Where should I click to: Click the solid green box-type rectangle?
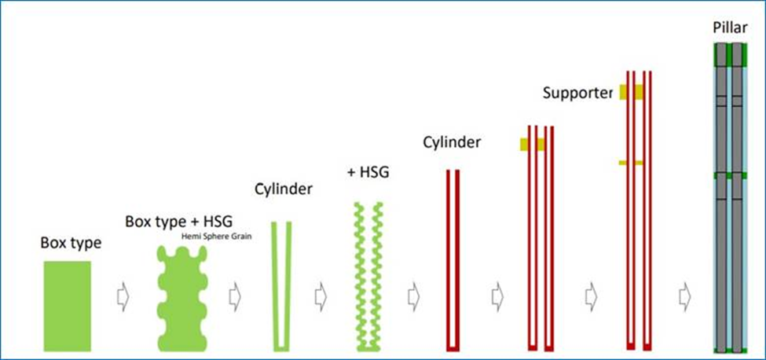click(67, 305)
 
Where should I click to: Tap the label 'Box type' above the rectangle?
click(71, 243)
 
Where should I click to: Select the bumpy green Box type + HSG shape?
click(182, 299)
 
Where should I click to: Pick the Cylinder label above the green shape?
click(283, 189)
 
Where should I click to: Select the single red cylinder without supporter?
click(453, 259)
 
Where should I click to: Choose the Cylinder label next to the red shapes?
click(451, 143)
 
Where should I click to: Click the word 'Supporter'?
click(577, 93)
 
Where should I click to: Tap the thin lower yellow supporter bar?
click(631, 163)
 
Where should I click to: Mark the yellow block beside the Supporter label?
click(631, 92)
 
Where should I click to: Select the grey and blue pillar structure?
click(731, 197)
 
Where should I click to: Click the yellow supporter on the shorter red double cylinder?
click(532, 144)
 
